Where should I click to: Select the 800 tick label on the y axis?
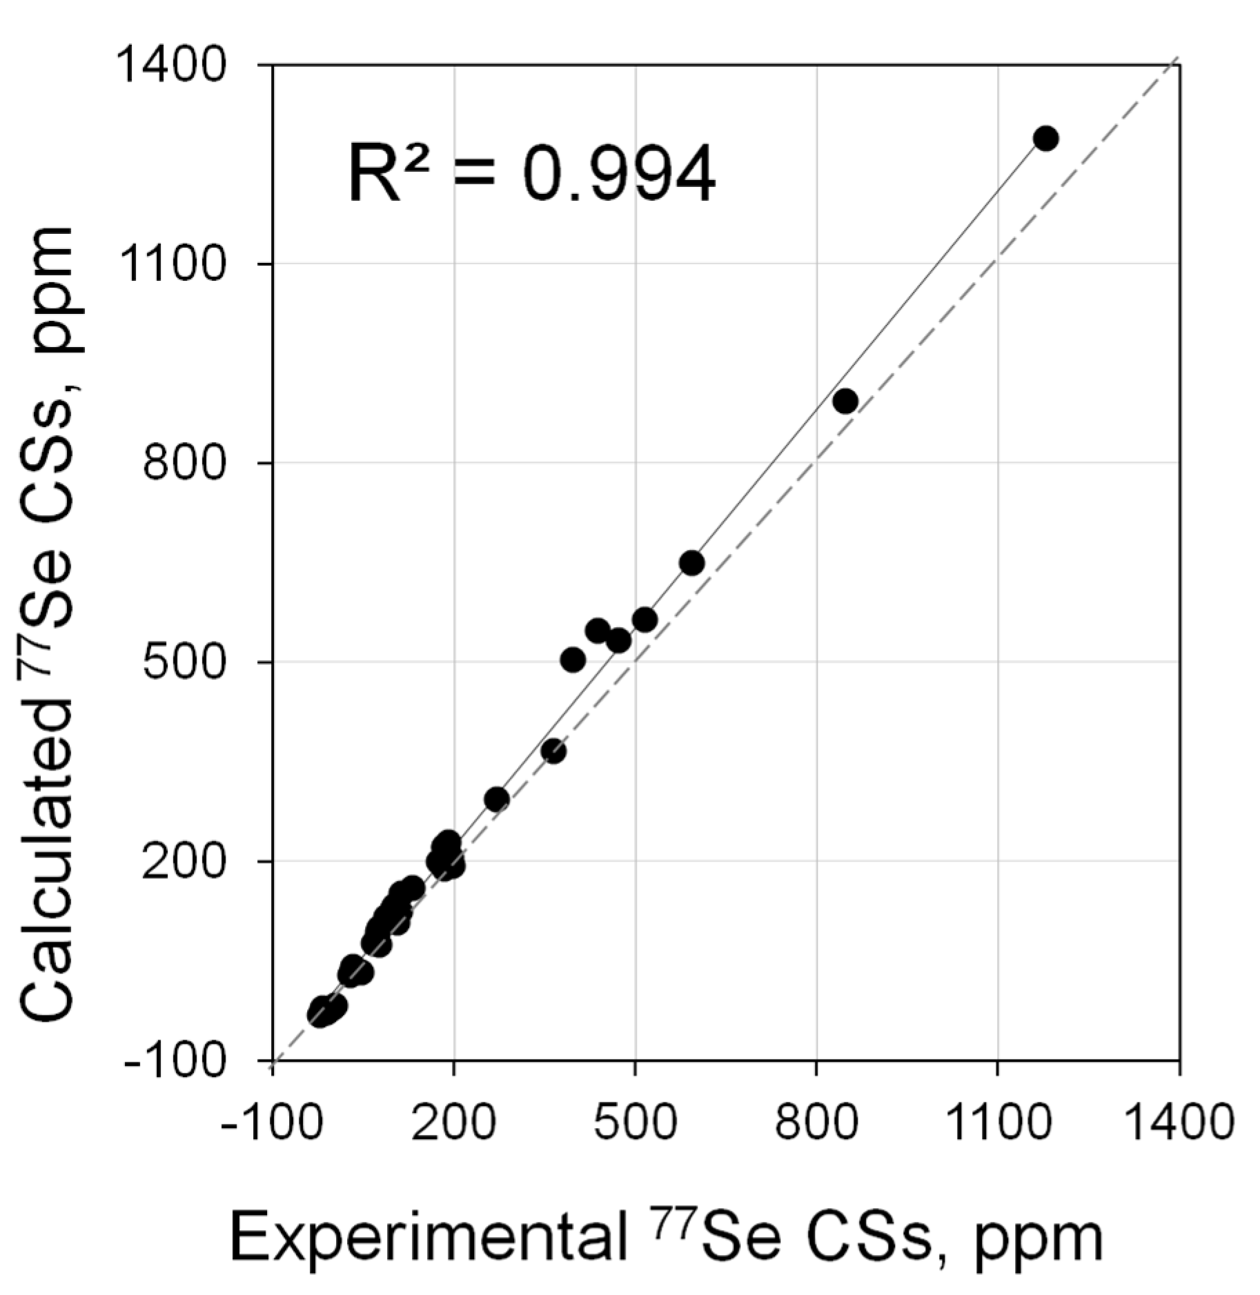[184, 464]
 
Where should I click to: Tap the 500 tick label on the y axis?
[184, 662]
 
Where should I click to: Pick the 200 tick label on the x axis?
[453, 1123]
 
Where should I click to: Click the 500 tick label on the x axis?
[635, 1123]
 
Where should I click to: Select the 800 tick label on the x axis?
[816, 1123]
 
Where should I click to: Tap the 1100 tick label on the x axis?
[998, 1123]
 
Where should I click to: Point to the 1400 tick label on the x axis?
[1179, 1123]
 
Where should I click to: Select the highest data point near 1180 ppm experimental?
[1045, 138]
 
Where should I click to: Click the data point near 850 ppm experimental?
[845, 401]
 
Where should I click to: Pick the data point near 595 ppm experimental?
[691, 563]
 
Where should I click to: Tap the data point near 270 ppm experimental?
[496, 799]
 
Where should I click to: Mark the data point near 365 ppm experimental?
[553, 751]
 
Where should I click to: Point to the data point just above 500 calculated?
[573, 660]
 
